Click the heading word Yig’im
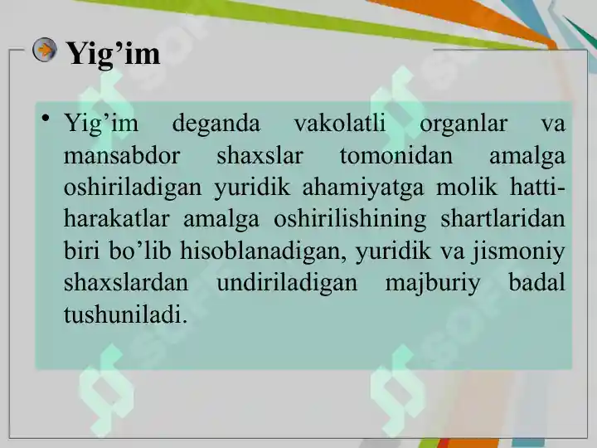(x=112, y=54)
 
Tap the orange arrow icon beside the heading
(x=44, y=51)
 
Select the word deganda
(x=216, y=124)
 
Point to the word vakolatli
(x=340, y=124)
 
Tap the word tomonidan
(x=396, y=156)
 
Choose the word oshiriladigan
(x=132, y=188)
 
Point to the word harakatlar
(x=117, y=219)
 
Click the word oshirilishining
(x=334, y=220)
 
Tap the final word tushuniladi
(x=125, y=314)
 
